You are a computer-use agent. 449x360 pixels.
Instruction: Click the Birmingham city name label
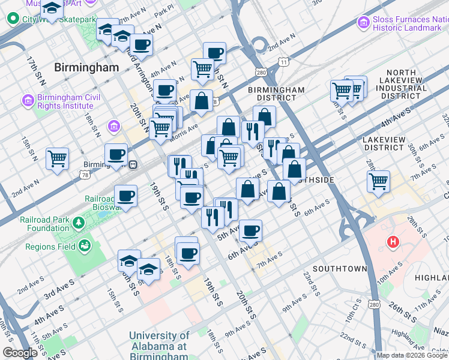pyautogui.click(x=86, y=67)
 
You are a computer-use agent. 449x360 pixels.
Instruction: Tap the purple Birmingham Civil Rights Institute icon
pyautogui.click(x=28, y=99)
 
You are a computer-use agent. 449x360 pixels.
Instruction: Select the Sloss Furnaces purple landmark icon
pyautogui.click(x=363, y=23)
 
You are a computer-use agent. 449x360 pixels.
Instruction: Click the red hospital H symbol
pyautogui.click(x=393, y=242)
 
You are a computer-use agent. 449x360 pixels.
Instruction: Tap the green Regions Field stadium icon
pyautogui.click(x=85, y=246)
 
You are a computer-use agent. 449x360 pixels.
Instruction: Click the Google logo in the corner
pyautogui.click(x=20, y=353)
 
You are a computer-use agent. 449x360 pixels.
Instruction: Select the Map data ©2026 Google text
pyautogui.click(x=412, y=355)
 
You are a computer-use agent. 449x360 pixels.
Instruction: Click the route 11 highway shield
pyautogui.click(x=283, y=62)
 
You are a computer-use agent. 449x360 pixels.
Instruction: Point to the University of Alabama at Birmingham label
pyautogui.click(x=159, y=346)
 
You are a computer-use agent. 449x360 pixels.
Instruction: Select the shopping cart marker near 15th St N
pyautogui.click(x=58, y=159)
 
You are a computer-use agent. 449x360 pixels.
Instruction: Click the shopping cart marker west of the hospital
pyautogui.click(x=379, y=181)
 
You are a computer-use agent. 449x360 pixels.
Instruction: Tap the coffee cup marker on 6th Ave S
pyautogui.click(x=250, y=230)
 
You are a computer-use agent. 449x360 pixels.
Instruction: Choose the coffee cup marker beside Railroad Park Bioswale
pyautogui.click(x=126, y=196)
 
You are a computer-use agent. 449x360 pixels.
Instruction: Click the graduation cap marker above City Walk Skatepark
pyautogui.click(x=52, y=8)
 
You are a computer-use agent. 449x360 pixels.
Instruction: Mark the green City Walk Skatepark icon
pyautogui.click(x=13, y=19)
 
